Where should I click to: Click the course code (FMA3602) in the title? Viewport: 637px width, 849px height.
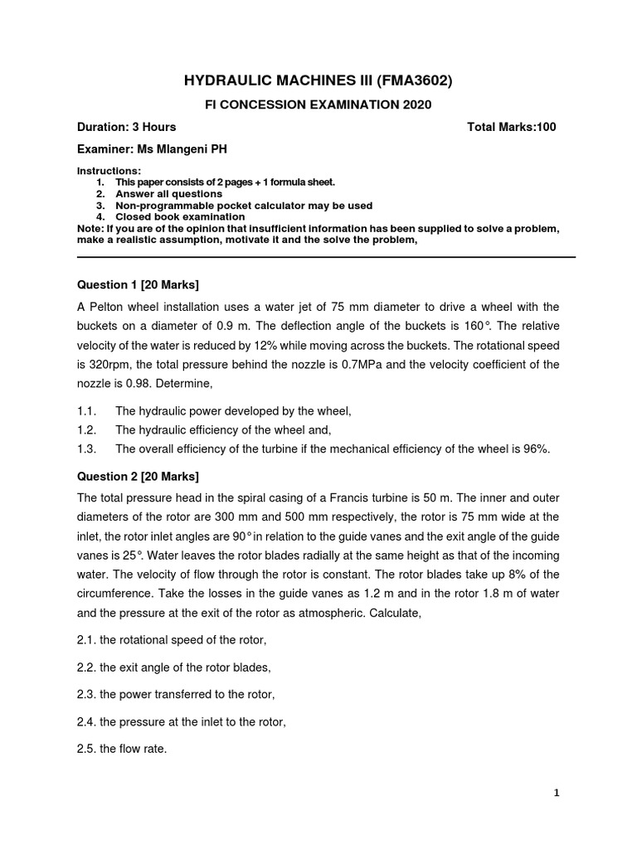tap(411, 80)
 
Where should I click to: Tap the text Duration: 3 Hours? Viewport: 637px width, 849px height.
tap(126, 127)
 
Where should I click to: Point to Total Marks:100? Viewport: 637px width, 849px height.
tap(512, 127)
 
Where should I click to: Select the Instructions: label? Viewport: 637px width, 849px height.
tap(103, 170)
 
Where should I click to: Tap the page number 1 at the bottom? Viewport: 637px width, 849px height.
tap(557, 793)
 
